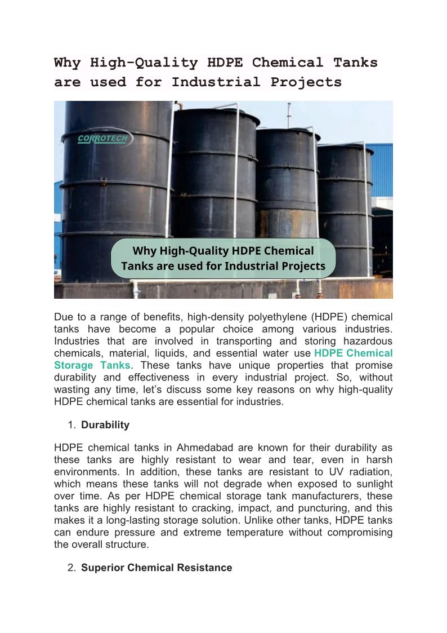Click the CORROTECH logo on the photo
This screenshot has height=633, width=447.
[103, 139]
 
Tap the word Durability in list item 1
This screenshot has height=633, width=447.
[105, 425]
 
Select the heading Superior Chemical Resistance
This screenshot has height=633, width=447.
[157, 568]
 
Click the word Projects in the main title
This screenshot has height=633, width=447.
[306, 82]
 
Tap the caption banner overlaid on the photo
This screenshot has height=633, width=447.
[223, 258]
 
